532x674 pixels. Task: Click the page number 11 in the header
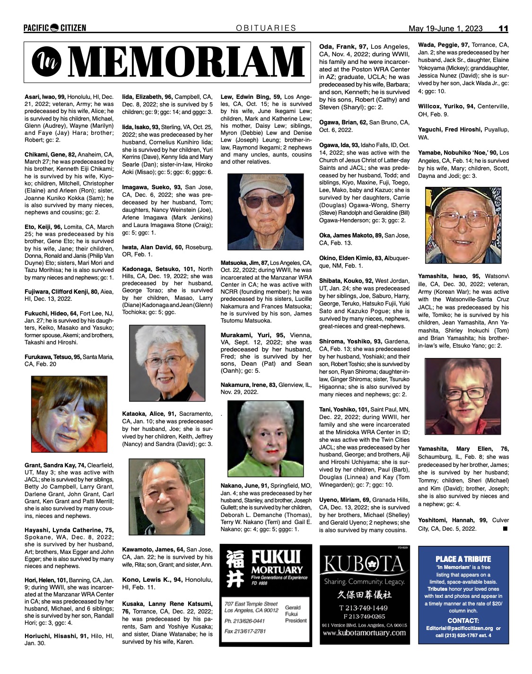tap(503, 28)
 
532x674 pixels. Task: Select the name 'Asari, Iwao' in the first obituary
tap(41, 96)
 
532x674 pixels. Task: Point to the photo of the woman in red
tap(69, 414)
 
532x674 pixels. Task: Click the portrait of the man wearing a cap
tap(265, 212)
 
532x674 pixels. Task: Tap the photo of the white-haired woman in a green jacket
tap(265, 438)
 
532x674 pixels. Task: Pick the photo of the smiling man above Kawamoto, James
tap(166, 497)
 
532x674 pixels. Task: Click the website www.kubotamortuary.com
tap(365, 633)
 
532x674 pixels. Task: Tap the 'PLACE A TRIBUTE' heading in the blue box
tap(463, 559)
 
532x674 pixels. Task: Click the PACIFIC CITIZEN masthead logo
tap(55, 28)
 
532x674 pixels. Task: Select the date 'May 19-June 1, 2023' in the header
tap(445, 28)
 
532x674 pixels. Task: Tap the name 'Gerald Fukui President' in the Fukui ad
tap(296, 614)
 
